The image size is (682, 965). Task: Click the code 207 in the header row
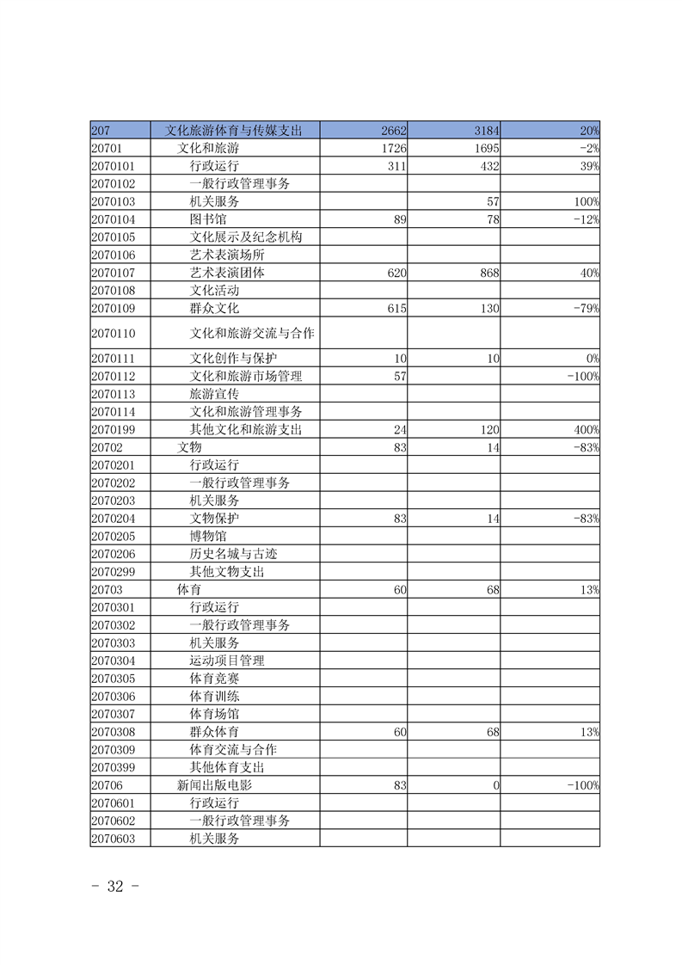(101, 131)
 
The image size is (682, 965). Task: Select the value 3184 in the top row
(487, 131)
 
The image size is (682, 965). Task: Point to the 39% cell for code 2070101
(588, 166)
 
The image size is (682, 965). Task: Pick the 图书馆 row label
(208, 219)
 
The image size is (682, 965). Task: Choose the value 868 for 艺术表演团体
(488, 273)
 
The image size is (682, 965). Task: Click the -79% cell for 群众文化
(586, 308)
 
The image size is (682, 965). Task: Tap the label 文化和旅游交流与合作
(252, 333)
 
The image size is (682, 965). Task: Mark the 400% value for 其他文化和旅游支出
(586, 429)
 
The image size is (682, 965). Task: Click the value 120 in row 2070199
(488, 429)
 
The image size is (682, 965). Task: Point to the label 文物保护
(214, 519)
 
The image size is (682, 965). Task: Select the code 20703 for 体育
(107, 589)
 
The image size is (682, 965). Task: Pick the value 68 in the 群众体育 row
(492, 732)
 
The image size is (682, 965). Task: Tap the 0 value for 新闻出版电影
(496, 785)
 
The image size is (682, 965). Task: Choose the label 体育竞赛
(214, 679)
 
